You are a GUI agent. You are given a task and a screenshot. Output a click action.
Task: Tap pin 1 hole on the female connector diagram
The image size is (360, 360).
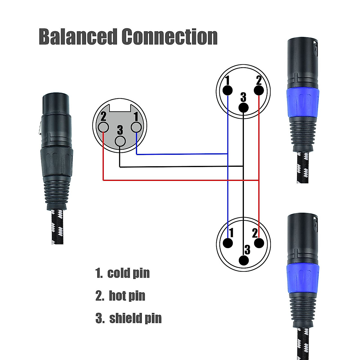coord(136,128)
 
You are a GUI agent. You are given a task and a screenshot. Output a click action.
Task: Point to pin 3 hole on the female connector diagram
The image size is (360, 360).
coord(120,141)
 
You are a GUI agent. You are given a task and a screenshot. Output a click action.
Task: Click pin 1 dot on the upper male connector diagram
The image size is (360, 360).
coord(228,90)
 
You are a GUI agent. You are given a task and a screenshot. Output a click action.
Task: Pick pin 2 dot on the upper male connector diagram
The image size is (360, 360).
coord(259,90)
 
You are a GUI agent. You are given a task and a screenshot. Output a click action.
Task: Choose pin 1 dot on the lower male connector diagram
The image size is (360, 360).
coord(228,243)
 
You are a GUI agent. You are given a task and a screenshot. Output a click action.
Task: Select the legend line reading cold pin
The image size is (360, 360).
coord(122,273)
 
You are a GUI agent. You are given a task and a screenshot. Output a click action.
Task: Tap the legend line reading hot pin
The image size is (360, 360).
coord(120,295)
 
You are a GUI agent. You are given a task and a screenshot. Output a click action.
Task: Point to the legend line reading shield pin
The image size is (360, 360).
coord(128,318)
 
